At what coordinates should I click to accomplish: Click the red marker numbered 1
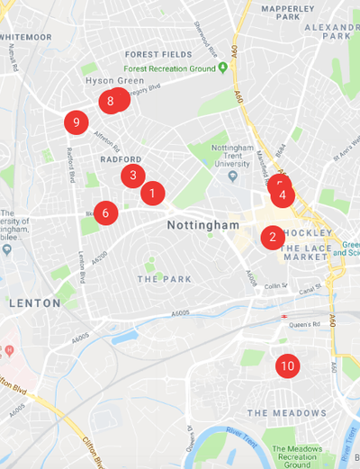pyautogui.click(x=152, y=192)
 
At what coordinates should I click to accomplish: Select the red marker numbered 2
pyautogui.click(x=273, y=238)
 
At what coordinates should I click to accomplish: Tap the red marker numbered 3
pyautogui.click(x=133, y=176)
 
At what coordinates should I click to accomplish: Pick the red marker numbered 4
pyautogui.click(x=283, y=194)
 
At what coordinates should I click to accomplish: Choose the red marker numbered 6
pyautogui.click(x=105, y=213)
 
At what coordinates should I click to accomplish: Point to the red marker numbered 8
pyautogui.click(x=111, y=101)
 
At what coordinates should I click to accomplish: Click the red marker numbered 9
pyautogui.click(x=76, y=122)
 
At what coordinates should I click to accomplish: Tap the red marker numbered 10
pyautogui.click(x=287, y=365)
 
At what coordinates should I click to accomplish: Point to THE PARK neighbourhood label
pyautogui.click(x=165, y=279)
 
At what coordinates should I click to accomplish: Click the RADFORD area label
pyautogui.click(x=121, y=158)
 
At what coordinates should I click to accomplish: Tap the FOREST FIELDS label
pyautogui.click(x=158, y=54)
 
